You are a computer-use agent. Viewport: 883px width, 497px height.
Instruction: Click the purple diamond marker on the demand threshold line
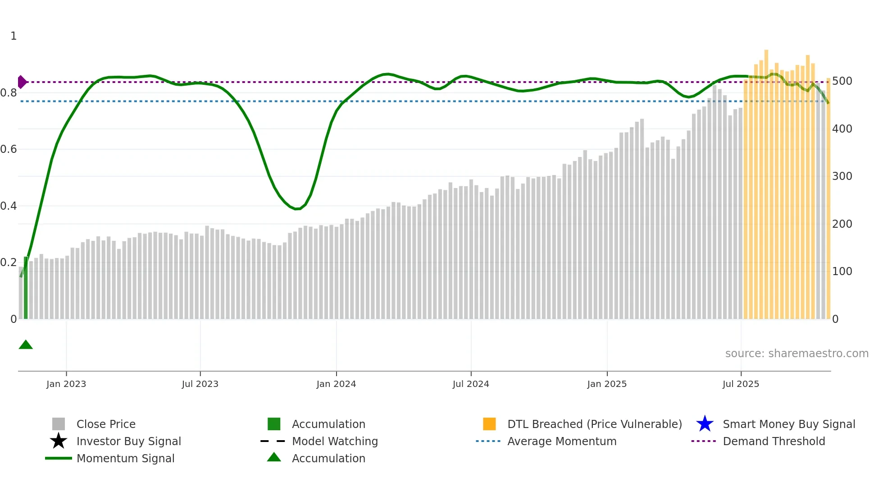coord(22,82)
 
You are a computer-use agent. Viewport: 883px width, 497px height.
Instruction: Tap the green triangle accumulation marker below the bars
coord(26,345)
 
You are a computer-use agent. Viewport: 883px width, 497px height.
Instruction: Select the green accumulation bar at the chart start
coord(26,289)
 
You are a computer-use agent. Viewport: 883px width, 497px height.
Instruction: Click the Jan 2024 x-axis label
coord(336,384)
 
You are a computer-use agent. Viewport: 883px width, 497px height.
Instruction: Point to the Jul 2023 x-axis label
coord(200,384)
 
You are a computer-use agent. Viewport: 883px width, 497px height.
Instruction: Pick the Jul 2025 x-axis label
coord(741,384)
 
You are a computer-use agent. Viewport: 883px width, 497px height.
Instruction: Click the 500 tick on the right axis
coord(842,81)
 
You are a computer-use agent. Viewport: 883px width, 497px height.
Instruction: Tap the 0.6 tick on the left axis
coord(9,149)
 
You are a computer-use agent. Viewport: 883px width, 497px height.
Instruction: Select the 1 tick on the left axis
coord(14,36)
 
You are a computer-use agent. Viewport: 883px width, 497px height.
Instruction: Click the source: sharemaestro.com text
coord(797,354)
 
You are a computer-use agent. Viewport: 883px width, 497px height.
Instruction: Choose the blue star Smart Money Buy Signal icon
coord(705,424)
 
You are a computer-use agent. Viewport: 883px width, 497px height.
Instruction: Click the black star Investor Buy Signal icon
coord(59,441)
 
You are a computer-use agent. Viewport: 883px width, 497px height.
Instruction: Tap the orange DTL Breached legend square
coord(489,424)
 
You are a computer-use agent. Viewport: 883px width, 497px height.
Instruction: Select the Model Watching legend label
coord(335,441)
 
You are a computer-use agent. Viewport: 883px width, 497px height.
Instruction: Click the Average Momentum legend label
coord(562,441)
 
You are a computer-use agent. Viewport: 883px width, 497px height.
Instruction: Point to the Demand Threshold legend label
coord(774,441)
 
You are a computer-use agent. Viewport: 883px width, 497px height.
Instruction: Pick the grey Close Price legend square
coord(59,424)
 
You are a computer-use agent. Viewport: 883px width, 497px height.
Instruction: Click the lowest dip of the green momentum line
coord(297,209)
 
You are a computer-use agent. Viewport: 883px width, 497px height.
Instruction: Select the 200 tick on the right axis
coord(842,224)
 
